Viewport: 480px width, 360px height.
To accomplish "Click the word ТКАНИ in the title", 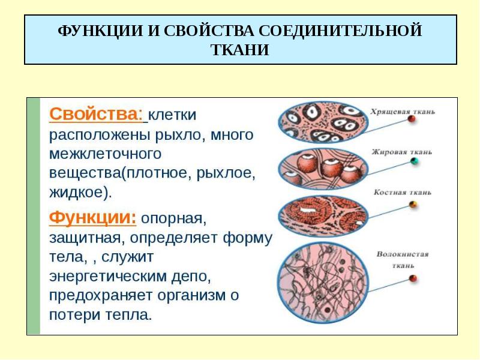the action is pos(240,50).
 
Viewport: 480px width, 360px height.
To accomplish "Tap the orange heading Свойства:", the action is pos(96,114).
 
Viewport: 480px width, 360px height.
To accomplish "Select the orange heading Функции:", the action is pos(93,218).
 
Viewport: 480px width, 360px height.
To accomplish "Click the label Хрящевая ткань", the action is pos(403,112).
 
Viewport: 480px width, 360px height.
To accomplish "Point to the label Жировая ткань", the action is pos(402,152).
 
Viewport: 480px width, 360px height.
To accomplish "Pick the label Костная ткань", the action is pos(403,192).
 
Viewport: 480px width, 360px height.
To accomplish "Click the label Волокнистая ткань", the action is pos(403,260).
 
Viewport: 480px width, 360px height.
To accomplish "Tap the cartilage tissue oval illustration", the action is pos(323,122).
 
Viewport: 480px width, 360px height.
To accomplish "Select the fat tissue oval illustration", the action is pos(323,169).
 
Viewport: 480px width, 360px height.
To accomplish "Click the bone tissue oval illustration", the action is pos(323,216).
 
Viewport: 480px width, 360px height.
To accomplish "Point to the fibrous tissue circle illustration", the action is pos(323,282).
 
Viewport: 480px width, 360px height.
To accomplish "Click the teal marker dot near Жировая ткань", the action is pos(414,161).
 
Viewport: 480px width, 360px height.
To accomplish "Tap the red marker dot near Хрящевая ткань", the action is pos(412,119).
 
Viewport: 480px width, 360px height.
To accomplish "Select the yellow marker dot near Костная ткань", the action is pos(413,204).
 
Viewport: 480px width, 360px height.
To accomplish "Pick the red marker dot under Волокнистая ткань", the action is pos(413,278).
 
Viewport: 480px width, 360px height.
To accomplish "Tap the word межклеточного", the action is pos(105,154).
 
